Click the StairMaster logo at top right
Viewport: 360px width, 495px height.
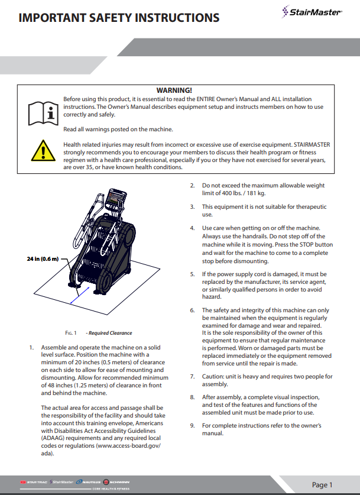coord(312,11)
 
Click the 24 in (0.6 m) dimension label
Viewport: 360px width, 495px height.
coord(43,259)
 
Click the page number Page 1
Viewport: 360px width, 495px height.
coord(323,484)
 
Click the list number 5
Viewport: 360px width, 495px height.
coord(192,274)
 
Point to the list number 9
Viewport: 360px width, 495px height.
coord(192,425)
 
